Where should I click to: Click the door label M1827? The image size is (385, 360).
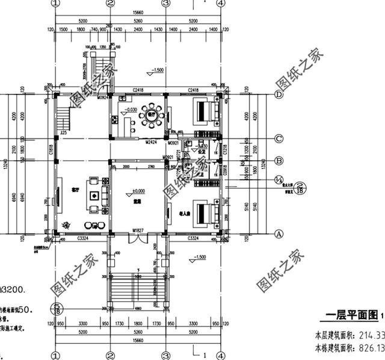coord(138,231)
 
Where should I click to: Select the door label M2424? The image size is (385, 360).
coord(152,143)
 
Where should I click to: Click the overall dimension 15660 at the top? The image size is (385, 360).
coord(138,11)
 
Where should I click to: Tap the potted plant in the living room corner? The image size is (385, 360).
coord(66,225)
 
